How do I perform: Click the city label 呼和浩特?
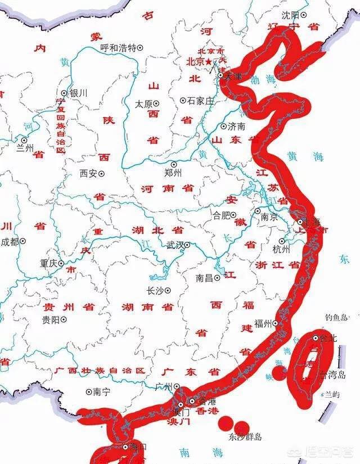118,48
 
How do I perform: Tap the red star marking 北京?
209,61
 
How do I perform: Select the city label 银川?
78,93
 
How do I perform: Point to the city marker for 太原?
156,103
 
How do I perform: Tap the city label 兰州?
25,148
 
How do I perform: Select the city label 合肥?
221,214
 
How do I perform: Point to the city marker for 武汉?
187,245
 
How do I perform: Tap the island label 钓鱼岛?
336,318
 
